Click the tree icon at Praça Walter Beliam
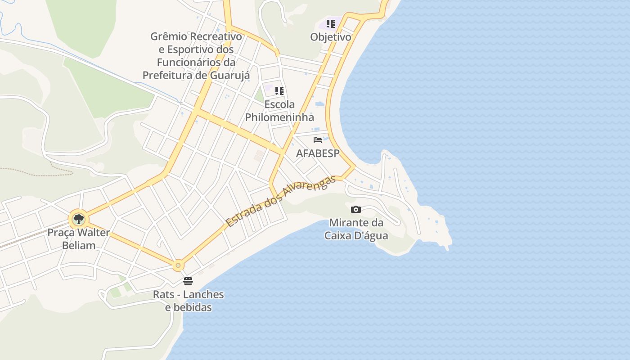pyautogui.click(x=79, y=220)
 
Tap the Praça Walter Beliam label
pyautogui.click(x=79, y=239)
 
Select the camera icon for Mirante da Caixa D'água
pyautogui.click(x=355, y=209)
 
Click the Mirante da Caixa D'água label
pyautogui.click(x=356, y=229)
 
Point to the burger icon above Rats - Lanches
pyautogui.click(x=188, y=282)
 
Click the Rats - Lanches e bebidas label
pyautogui.click(x=189, y=301)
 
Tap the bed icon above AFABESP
pyautogui.click(x=318, y=139)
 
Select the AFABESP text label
pyautogui.click(x=318, y=153)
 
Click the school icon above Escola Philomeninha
pyautogui.click(x=279, y=91)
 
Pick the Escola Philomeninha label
pyautogui.click(x=279, y=111)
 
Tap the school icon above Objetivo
pyautogui.click(x=331, y=23)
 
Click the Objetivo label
pyautogui.click(x=331, y=37)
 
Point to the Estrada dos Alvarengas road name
pyautogui.click(x=281, y=201)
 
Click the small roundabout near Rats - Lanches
pyautogui.click(x=178, y=265)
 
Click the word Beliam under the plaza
pyautogui.click(x=79, y=245)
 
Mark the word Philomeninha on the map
pyautogui.click(x=279, y=117)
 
